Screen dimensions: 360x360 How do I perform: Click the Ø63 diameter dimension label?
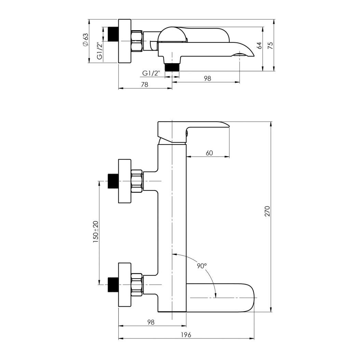pyautogui.click(x=85, y=40)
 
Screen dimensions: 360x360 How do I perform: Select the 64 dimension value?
pyautogui.click(x=259, y=45)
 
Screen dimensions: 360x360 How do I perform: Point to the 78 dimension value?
pyautogui.click(x=144, y=84)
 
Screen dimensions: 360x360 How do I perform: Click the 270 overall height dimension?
pyautogui.click(x=267, y=211)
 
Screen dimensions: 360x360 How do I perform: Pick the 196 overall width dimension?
pyautogui.click(x=186, y=335)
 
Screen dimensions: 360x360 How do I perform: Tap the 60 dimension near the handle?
pyautogui.click(x=209, y=153)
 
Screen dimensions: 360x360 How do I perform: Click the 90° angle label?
pyautogui.click(x=202, y=266)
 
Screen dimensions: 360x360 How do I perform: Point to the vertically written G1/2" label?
pyautogui.click(x=99, y=51)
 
